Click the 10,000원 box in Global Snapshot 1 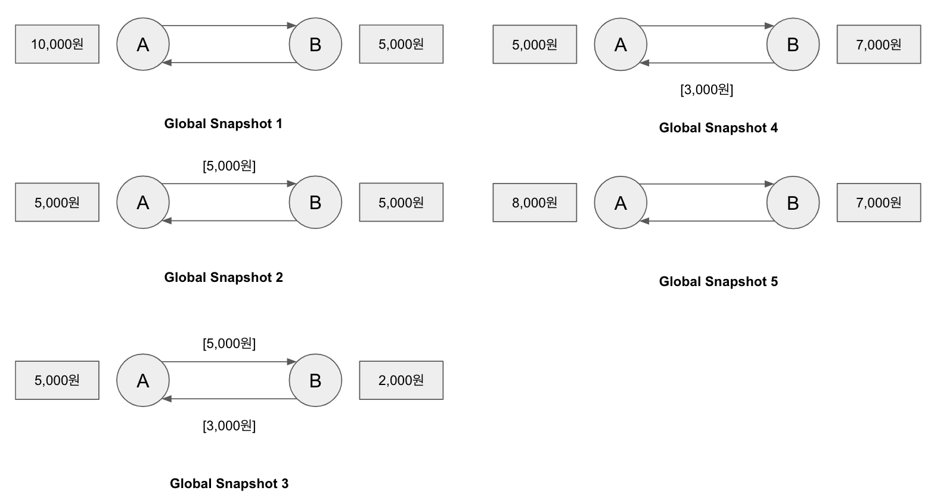click(57, 44)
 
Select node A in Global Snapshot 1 click(143, 44)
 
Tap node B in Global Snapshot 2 click(315, 202)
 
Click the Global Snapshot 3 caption click(229, 483)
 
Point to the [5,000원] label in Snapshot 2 click(229, 166)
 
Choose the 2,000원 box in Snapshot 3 click(401, 380)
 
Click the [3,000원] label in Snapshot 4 click(706, 89)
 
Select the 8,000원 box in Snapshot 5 click(535, 203)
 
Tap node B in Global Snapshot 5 click(793, 203)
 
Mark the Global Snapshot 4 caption click(718, 128)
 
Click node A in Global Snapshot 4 click(620, 45)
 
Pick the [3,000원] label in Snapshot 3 click(229, 426)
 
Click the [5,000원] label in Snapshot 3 click(229, 343)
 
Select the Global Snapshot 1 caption click(223, 123)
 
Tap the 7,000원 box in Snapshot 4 click(879, 44)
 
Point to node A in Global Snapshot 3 click(143, 380)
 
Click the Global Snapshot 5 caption click(718, 281)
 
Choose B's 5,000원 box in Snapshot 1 click(401, 44)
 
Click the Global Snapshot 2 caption click(224, 277)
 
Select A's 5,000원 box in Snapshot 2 click(57, 202)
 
